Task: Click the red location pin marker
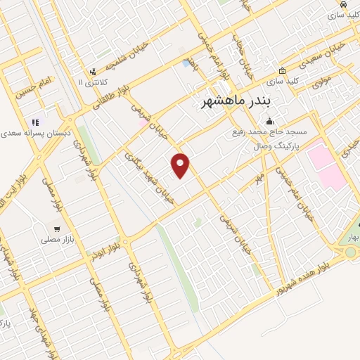(x=181, y=165)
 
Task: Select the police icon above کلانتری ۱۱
(x=92, y=71)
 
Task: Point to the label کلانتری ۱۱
(x=91, y=83)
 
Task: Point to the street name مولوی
(x=321, y=82)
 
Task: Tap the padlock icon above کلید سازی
(x=282, y=70)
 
